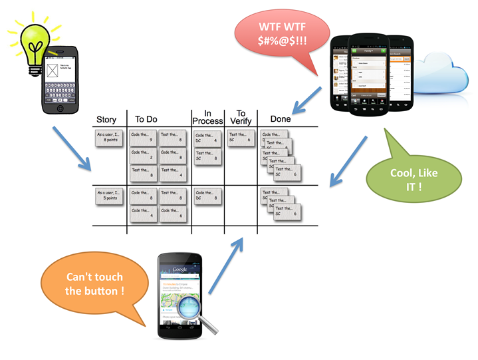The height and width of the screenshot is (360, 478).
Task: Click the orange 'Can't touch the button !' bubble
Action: click(94, 285)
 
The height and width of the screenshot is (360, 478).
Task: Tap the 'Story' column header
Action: click(106, 120)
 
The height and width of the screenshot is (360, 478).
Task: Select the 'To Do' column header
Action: click(146, 120)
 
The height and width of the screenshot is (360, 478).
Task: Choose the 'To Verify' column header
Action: click(241, 116)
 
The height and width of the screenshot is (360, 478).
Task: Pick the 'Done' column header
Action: click(280, 119)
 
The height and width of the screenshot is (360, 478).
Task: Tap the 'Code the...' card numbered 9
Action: click(143, 138)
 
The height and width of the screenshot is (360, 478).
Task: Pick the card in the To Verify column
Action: click(240, 138)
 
